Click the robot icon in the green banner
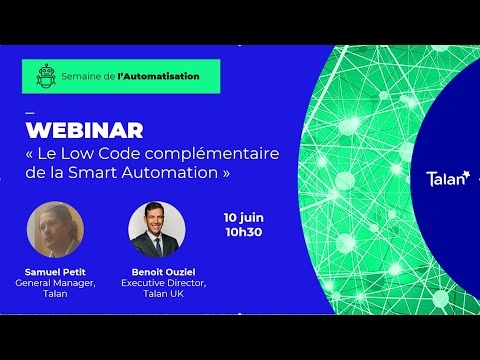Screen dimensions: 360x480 (43, 76)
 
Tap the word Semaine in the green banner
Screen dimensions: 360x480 (84, 76)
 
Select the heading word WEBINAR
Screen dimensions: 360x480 (83, 130)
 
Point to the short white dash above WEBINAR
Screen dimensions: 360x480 (29, 111)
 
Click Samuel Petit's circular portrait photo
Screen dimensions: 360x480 (55, 230)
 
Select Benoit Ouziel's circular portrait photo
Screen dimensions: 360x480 (157, 230)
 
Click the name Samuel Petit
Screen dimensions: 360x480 (55, 272)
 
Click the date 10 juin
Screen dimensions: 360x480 (245, 216)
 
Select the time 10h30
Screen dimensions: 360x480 (244, 232)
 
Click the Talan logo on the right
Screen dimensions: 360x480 (446, 180)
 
